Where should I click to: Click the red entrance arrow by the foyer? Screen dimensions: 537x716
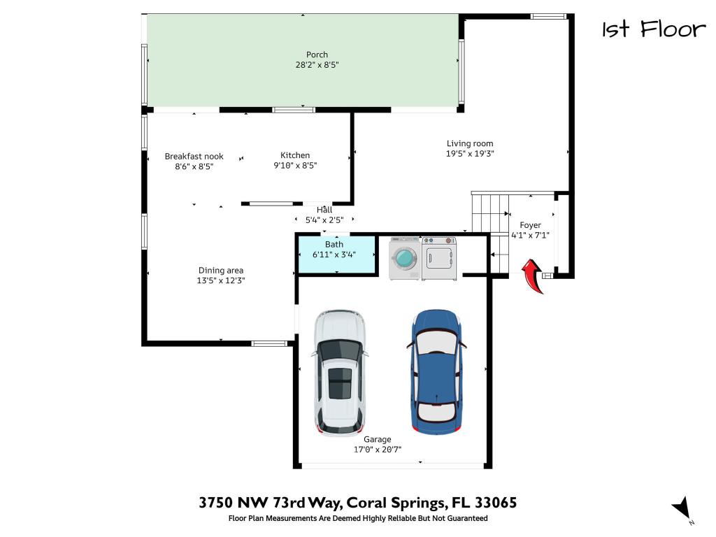coord(535,276)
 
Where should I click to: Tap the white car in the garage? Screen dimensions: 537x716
coord(340,372)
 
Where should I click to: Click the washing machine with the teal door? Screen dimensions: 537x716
coord(405,259)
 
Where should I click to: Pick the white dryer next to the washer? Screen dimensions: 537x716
coord(439,259)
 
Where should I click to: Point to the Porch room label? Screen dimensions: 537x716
coord(317,55)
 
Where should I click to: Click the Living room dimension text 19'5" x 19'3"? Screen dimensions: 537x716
coord(470,154)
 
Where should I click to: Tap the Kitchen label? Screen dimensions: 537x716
coord(295,155)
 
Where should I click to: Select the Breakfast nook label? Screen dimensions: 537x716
coord(194,157)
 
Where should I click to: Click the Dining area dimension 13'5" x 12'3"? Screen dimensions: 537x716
coord(221,280)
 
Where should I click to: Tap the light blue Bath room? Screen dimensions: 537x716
coord(334,252)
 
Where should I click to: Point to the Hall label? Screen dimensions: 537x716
coord(324,210)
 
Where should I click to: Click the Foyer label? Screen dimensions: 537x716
coord(530,225)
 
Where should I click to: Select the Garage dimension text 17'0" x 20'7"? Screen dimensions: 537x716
coord(377,450)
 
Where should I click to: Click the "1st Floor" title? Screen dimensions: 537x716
coord(654,29)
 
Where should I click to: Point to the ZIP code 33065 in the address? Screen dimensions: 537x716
coord(495,503)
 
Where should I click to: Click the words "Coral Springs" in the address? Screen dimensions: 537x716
coord(396,503)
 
